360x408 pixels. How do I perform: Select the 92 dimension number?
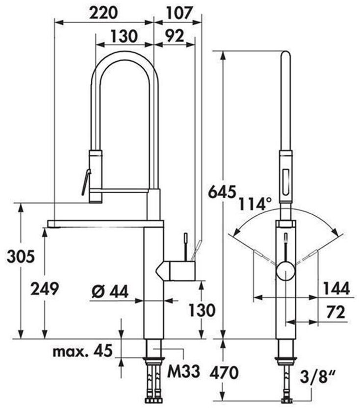(x=175, y=36)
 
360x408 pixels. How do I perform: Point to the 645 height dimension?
(x=223, y=192)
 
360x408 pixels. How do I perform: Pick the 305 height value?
(x=21, y=256)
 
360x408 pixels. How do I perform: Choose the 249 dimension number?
(x=45, y=289)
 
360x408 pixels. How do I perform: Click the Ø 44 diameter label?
(x=110, y=291)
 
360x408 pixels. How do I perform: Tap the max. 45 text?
(x=82, y=351)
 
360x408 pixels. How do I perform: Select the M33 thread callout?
(x=183, y=371)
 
